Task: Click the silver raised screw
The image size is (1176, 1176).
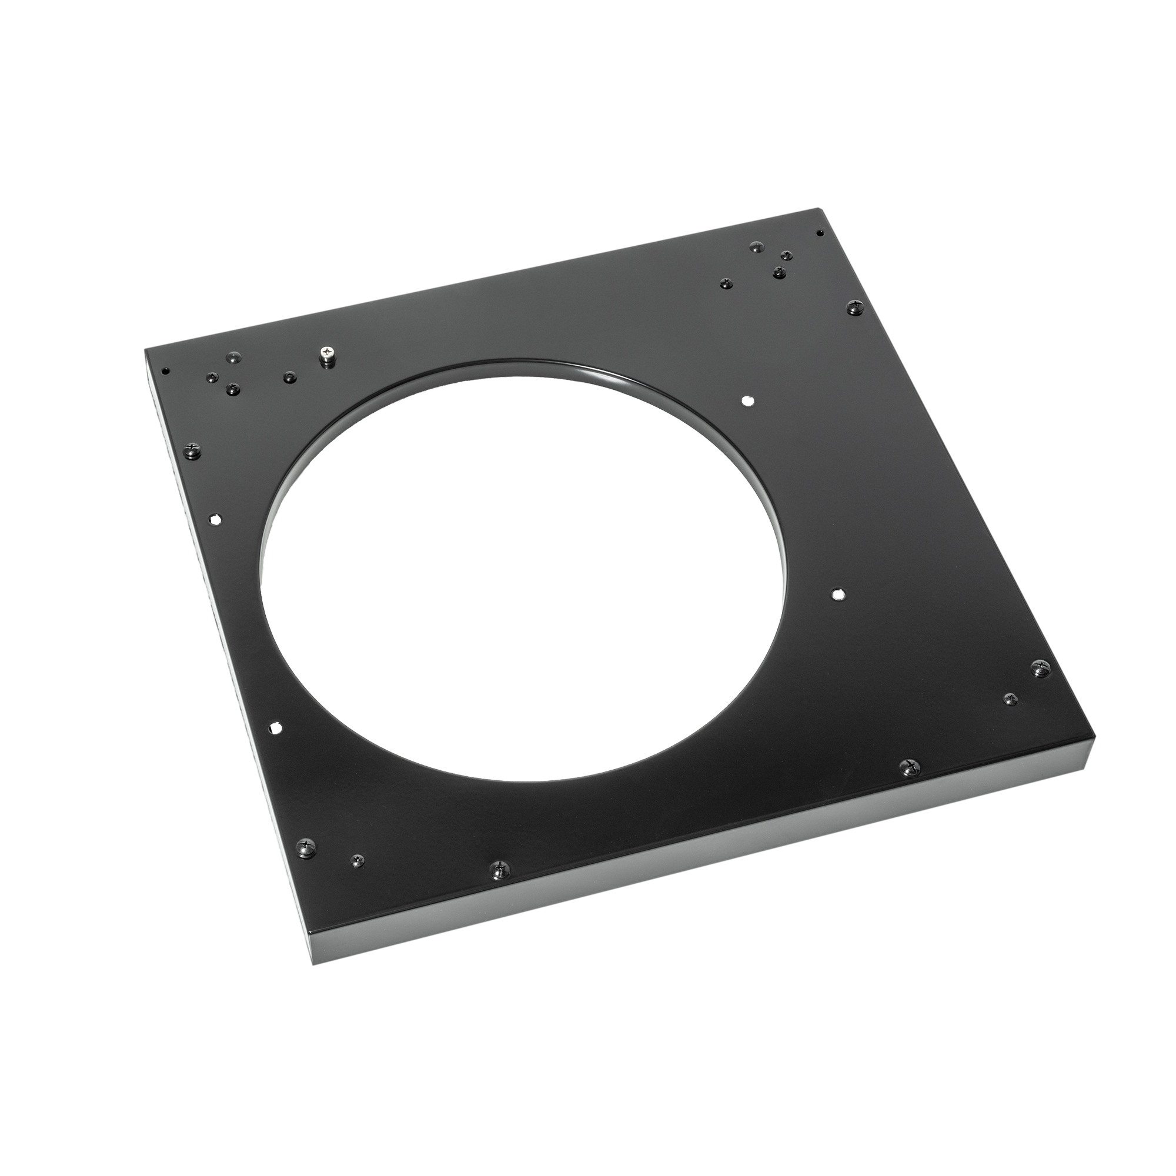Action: [x=328, y=354]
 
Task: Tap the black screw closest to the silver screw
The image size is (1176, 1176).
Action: [x=290, y=378]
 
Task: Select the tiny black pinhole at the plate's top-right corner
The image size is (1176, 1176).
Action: [x=819, y=232]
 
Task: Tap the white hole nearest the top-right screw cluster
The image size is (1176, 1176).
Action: [x=747, y=400]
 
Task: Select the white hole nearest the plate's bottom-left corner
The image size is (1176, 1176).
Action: [x=275, y=727]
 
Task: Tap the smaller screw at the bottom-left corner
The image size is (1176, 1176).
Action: [x=358, y=860]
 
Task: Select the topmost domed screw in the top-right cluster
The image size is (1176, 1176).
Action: [x=757, y=246]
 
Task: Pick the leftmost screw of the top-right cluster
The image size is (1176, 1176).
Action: [x=725, y=283]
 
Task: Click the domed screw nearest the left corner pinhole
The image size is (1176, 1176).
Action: [x=211, y=377]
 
